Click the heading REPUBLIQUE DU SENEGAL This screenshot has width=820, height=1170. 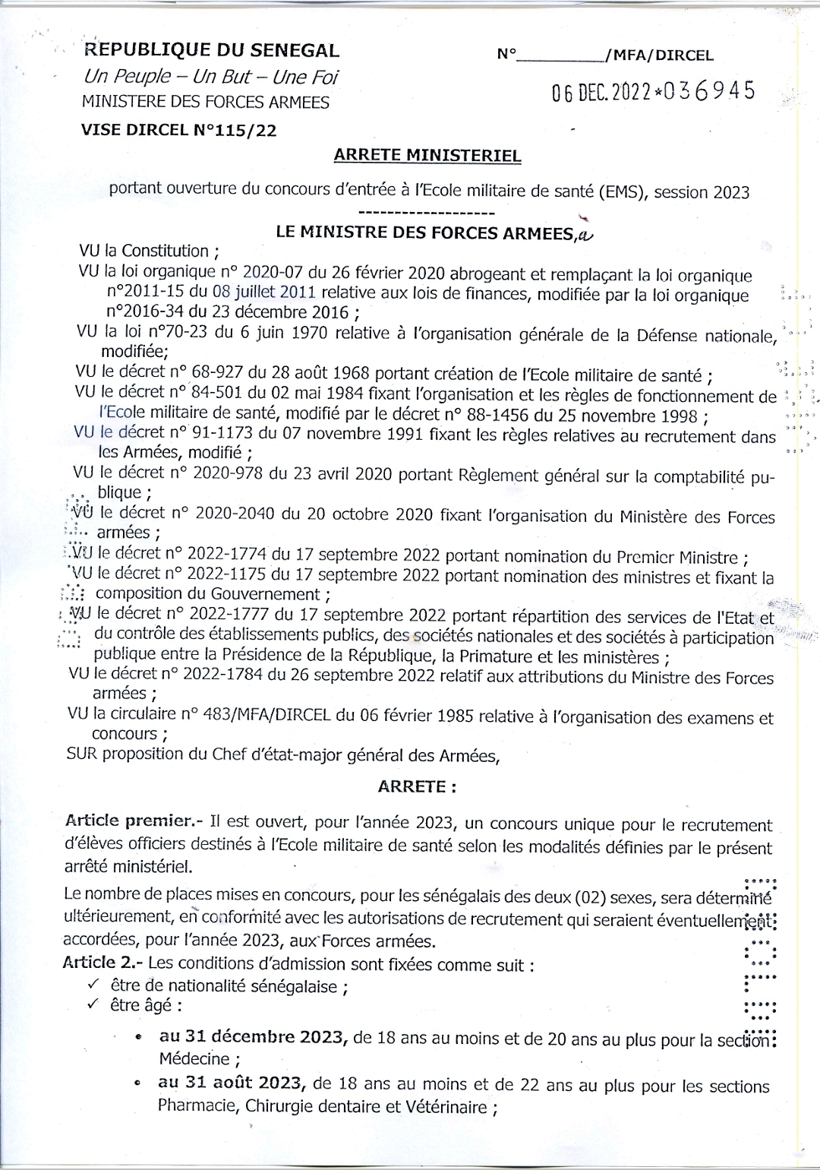212,51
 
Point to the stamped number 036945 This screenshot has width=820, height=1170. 710,91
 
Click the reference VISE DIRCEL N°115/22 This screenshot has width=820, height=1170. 179,130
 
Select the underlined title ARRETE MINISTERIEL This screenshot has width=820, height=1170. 427,156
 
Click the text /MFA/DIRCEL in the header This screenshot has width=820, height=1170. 658,55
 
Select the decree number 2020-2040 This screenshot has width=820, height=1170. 235,514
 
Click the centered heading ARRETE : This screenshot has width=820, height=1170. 418,786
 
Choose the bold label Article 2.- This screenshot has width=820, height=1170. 103,963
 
